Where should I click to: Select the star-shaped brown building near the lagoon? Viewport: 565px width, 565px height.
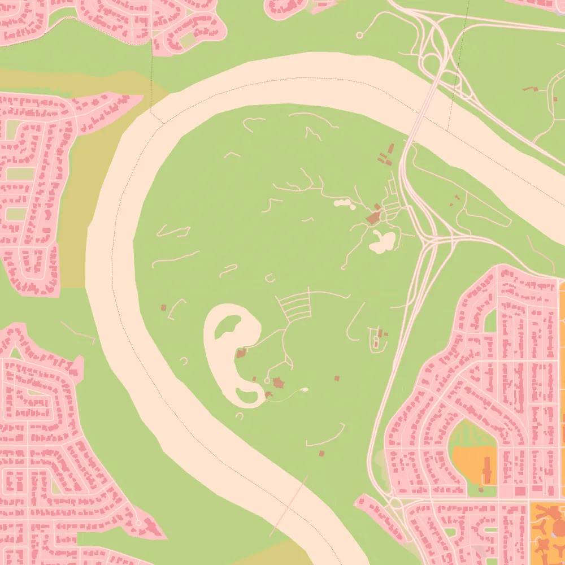click(278, 383)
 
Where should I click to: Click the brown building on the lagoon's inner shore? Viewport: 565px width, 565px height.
click(241, 354)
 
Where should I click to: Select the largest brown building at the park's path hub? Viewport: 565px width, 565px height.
click(373, 218)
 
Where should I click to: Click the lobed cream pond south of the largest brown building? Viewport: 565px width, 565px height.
click(383, 241)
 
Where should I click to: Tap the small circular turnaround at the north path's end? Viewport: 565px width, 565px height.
click(359, 36)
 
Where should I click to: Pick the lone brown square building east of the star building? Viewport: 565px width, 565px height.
click(337, 377)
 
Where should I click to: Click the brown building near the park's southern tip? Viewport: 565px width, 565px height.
click(322, 453)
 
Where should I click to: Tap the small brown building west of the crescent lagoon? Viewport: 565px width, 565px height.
click(164, 308)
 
